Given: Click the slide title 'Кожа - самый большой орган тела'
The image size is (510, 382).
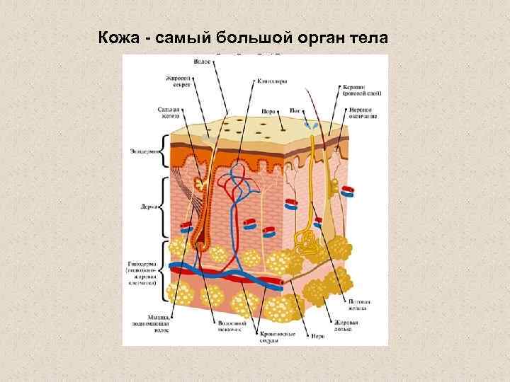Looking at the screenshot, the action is click(x=244, y=37).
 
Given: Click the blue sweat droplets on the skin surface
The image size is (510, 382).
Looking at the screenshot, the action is click(x=309, y=123).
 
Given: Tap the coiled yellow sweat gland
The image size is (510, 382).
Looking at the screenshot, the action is click(x=307, y=243).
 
